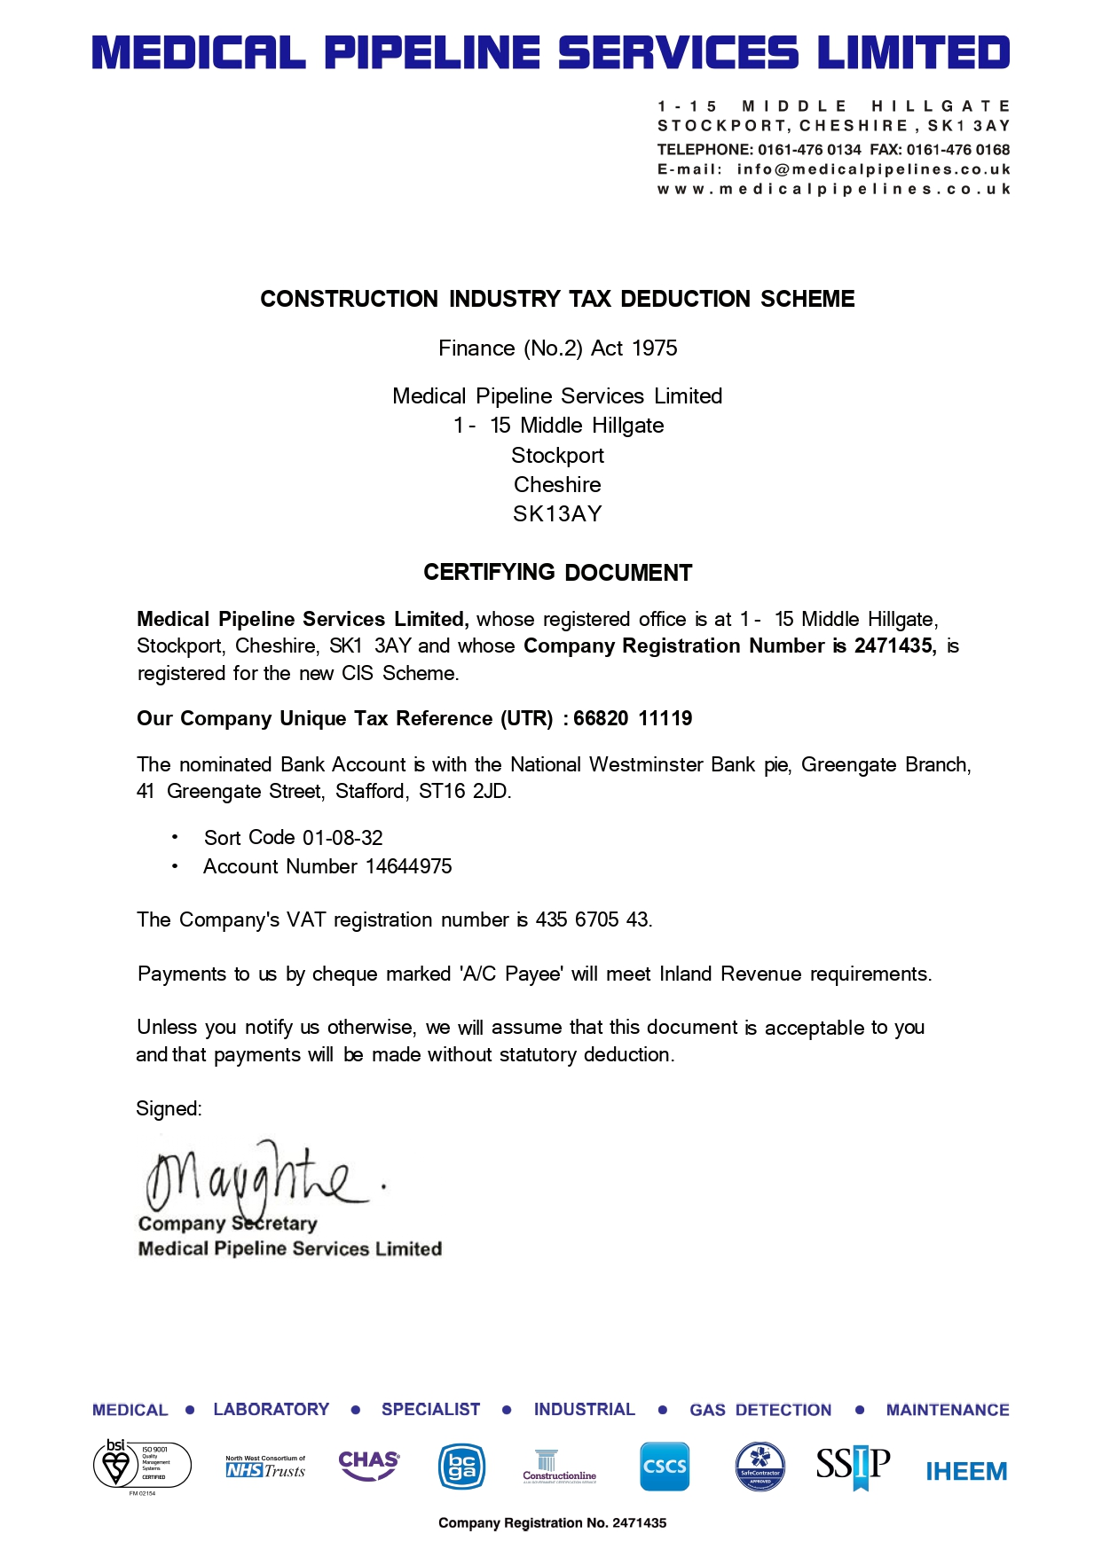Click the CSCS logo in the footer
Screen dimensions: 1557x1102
tap(664, 1467)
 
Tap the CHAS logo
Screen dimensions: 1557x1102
tap(369, 1465)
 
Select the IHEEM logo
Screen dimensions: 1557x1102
tap(966, 1472)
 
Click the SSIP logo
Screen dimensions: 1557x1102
tap(853, 1466)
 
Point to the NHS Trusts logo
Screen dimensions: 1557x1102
tap(265, 1467)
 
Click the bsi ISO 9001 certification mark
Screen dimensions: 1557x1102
tap(142, 1464)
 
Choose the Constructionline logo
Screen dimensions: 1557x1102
tap(559, 1467)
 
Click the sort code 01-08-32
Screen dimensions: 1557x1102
tap(342, 838)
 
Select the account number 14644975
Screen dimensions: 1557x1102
tap(409, 866)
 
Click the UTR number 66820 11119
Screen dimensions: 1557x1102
tap(633, 718)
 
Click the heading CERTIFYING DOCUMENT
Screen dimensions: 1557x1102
tap(557, 573)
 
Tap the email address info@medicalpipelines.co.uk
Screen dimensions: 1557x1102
tap(873, 169)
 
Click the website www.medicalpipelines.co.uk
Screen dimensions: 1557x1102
tap(833, 189)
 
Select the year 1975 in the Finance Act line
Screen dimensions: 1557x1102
tap(655, 348)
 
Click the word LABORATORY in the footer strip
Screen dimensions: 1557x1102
tap(271, 1410)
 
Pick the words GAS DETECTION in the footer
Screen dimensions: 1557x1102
tap(760, 1410)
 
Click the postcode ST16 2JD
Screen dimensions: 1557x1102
tap(463, 791)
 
